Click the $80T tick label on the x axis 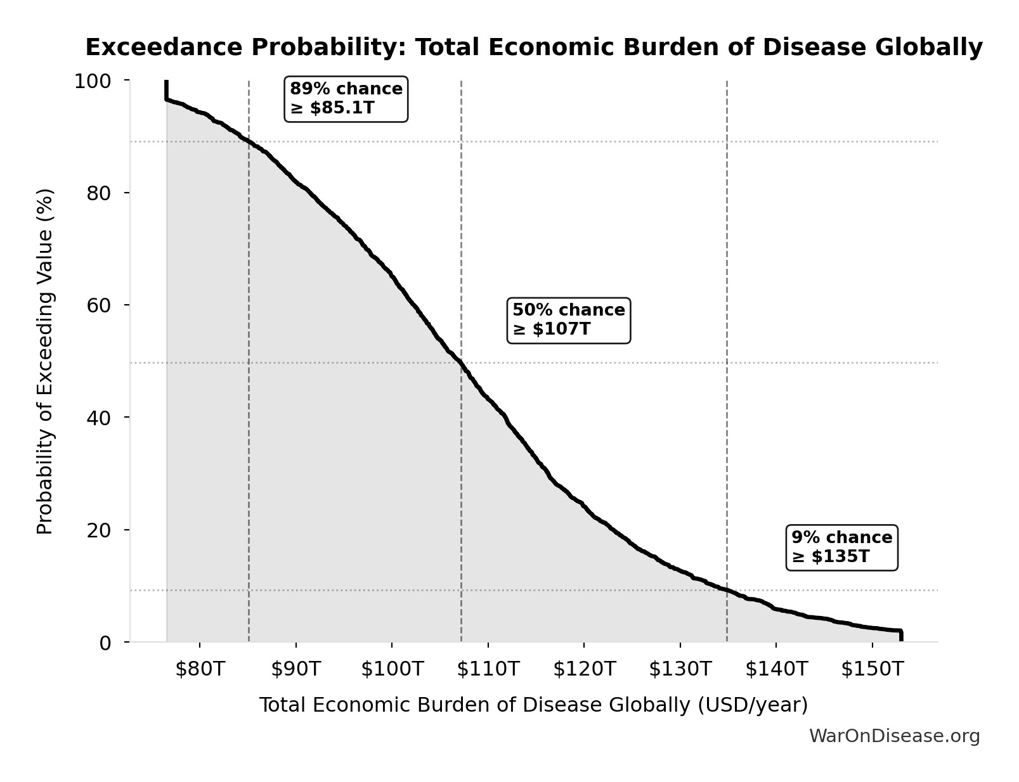pos(200,669)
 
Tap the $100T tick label pos(392,669)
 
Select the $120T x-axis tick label pos(584,669)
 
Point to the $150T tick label pos(872,669)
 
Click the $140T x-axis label pos(776,669)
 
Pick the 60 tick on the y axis pos(98,305)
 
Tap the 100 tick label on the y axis pos(93,81)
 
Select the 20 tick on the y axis pos(98,530)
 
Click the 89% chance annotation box pos(346,99)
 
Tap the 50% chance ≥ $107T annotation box pos(569,320)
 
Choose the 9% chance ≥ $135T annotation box pos(841,548)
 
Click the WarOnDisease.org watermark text pos(894,736)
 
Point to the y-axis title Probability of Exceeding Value pos(45,361)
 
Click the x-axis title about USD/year pos(533,705)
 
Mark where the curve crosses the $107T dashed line pos(461,363)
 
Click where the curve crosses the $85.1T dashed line pos(249,141)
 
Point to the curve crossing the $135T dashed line pos(727,590)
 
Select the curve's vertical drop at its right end pos(900,636)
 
